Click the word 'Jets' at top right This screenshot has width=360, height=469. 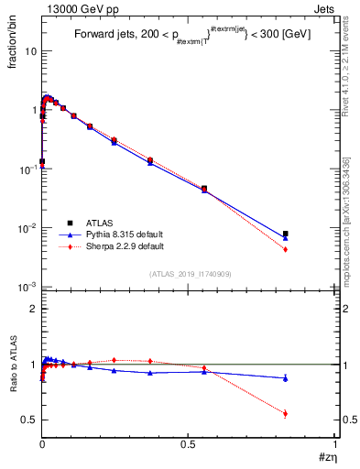click(325, 8)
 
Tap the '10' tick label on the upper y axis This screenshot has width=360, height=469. click(30, 51)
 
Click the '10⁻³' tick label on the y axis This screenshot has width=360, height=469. click(27, 287)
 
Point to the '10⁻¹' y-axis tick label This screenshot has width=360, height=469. click(27, 169)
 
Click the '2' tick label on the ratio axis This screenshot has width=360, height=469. click(33, 309)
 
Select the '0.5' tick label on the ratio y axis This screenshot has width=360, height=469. click(29, 420)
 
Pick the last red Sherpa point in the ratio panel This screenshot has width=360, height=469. click(285, 413)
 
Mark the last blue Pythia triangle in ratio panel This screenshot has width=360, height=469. click(285, 377)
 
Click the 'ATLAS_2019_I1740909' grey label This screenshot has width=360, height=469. click(189, 274)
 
